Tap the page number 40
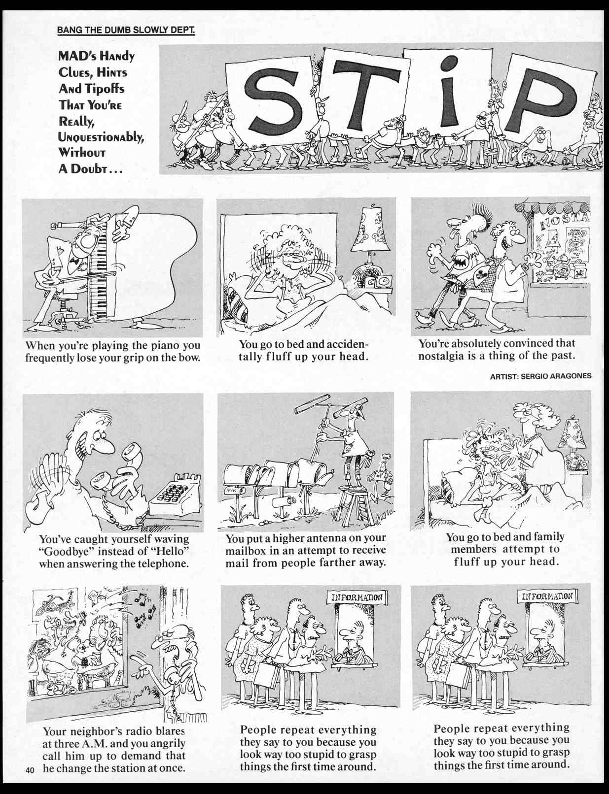[31, 770]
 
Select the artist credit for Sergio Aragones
[540, 376]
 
